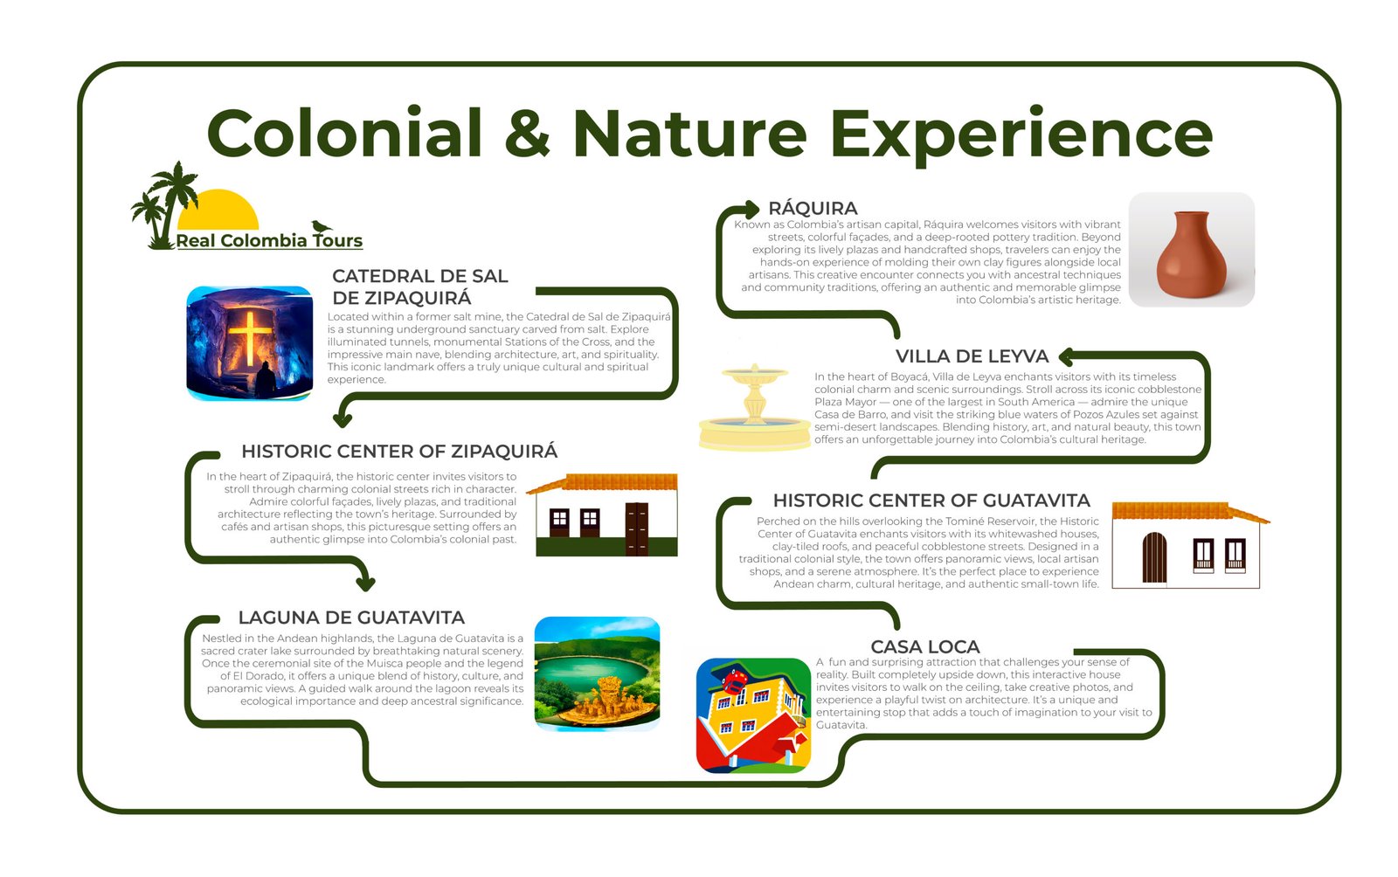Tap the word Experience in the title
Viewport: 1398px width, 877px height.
(1021, 136)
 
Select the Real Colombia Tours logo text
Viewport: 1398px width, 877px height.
(269, 241)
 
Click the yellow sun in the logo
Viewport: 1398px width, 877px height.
(218, 210)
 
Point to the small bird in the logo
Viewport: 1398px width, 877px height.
(322, 226)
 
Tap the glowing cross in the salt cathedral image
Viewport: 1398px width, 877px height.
(249, 337)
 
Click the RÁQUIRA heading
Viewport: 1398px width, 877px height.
(813, 208)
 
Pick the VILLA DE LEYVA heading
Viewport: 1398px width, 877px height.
(972, 356)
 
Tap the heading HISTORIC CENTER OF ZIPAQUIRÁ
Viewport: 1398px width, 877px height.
(399, 451)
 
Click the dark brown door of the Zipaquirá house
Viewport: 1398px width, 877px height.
(637, 529)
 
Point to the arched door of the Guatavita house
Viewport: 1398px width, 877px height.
(1154, 557)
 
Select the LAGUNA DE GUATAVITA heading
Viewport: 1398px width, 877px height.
(351, 618)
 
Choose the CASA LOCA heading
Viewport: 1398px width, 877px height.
(925, 646)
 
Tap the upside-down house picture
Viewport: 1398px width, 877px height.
(753, 715)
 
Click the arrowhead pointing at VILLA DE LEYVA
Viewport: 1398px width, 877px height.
(1066, 356)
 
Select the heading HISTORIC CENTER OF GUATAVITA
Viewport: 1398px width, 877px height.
(931, 501)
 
